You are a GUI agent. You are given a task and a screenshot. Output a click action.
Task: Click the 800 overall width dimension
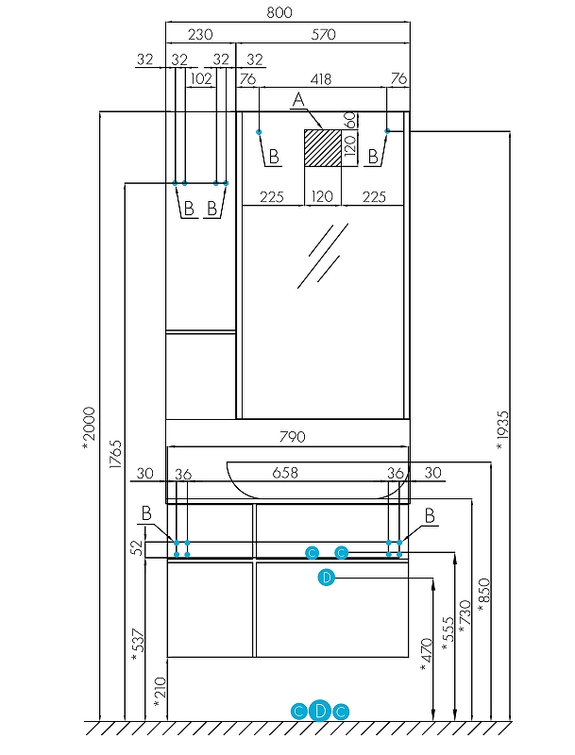point(279,12)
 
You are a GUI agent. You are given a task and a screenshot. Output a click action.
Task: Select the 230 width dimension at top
point(200,34)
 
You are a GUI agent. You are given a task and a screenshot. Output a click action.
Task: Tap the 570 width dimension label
point(323,34)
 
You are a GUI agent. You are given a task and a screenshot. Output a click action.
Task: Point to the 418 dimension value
point(321,78)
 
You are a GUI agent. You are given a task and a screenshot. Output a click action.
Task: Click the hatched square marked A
point(322,148)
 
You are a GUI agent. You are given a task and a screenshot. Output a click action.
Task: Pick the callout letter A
point(298,100)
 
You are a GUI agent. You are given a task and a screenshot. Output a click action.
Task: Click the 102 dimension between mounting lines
point(201,78)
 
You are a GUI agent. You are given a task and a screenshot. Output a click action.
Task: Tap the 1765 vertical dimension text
point(115,454)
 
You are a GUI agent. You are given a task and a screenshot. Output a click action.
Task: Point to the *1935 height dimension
point(502,430)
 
